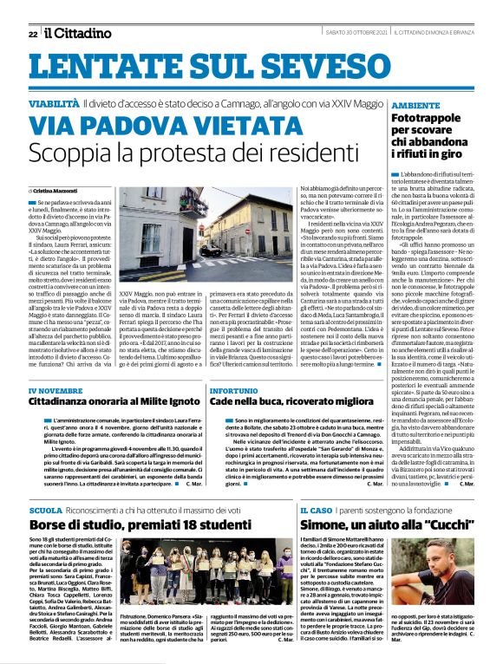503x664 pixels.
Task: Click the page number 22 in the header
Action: click(x=32, y=34)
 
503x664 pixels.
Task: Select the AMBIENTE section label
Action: click(x=420, y=103)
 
